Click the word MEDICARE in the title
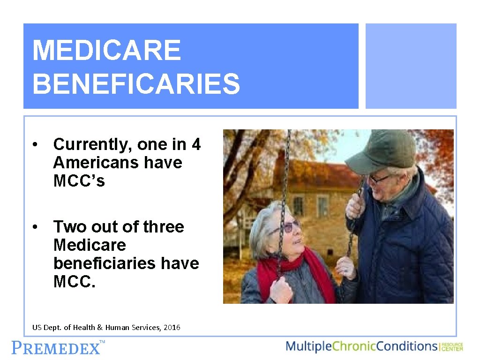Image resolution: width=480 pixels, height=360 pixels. click(106, 50)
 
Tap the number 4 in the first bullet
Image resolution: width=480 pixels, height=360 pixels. click(196, 145)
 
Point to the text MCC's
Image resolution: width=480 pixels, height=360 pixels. click(79, 181)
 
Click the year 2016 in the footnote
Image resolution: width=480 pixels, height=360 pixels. click(172, 328)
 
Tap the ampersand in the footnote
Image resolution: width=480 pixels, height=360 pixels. click(99, 328)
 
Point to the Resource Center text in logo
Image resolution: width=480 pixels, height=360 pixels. click(452, 346)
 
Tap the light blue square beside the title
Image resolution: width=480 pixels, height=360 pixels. click(411, 66)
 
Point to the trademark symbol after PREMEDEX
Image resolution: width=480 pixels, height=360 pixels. click(102, 343)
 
